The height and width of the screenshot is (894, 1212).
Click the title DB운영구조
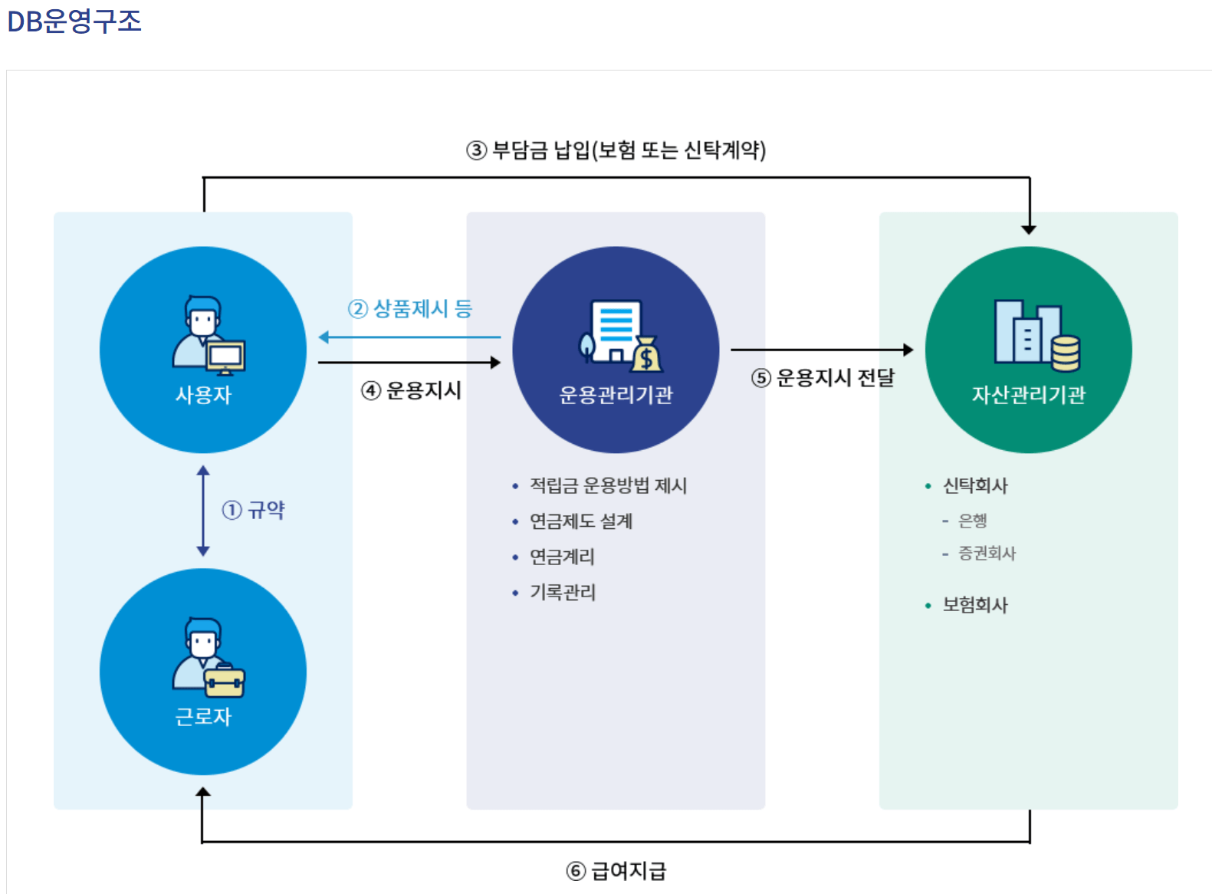coord(74,21)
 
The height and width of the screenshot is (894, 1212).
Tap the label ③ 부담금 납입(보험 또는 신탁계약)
coord(616,150)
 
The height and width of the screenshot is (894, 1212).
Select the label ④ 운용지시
coord(412,390)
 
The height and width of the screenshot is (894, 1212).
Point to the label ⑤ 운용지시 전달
coord(823,377)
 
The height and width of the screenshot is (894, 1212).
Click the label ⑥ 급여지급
coord(616,871)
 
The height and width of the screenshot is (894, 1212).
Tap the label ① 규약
coord(254,510)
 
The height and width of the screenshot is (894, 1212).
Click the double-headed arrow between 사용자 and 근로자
coord(203,510)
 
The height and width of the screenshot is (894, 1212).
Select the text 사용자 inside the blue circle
coord(203,395)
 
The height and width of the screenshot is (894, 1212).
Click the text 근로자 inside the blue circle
coord(203,717)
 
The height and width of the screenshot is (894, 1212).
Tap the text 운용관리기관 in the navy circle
coord(616,395)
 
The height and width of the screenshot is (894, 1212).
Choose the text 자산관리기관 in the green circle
coord(1028,395)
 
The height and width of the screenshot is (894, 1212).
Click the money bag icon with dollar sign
coord(646,355)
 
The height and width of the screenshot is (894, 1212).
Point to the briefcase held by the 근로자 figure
coord(225,681)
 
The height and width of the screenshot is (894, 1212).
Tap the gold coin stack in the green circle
coord(1065,353)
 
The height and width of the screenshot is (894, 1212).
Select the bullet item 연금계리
coord(562,557)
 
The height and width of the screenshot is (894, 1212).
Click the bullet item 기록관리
coord(562,592)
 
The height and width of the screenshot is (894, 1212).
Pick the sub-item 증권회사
coord(987,553)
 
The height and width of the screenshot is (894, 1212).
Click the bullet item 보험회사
coord(974,605)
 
